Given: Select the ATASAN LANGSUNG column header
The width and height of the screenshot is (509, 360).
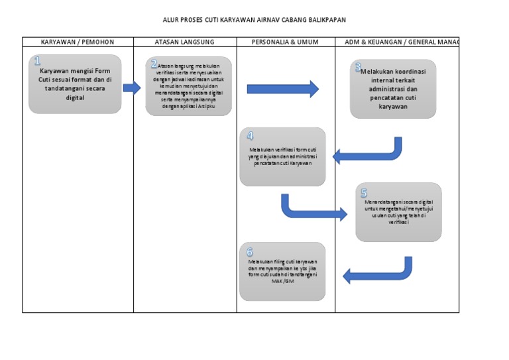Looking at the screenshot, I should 184,42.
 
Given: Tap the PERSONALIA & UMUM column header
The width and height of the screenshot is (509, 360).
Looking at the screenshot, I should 285,42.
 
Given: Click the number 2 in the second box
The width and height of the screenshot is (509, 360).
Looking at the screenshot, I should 154,64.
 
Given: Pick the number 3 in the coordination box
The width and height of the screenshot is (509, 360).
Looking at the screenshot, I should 358,68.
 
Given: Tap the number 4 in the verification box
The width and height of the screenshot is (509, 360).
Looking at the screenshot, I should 250,136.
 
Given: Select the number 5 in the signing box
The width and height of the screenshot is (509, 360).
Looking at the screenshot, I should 364,193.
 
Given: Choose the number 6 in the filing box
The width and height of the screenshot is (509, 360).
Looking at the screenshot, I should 250,252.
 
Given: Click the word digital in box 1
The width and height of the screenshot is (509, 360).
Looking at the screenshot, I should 76,97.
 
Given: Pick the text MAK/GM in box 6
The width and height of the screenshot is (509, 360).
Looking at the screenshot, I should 282,280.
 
